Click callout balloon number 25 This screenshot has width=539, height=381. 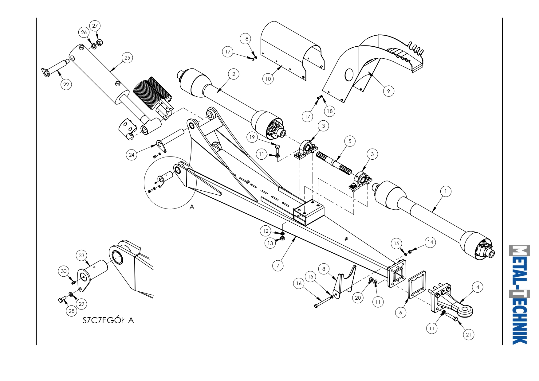tap(127, 58)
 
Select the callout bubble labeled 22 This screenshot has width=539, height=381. tap(66, 84)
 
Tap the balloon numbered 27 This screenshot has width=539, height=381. tap(95, 26)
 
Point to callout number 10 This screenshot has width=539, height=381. tap(268, 79)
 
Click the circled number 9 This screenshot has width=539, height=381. tap(389, 91)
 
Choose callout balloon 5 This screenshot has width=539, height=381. tap(350, 141)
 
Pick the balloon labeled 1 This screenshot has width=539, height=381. tap(446, 191)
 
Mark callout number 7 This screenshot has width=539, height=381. tap(278, 266)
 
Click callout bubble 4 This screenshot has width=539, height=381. tap(478, 287)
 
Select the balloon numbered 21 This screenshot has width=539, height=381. tap(469, 335)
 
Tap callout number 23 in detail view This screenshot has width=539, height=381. tap(81, 255)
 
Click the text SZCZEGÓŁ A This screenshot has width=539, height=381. tap(108, 321)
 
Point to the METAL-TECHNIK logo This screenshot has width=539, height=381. tap(519, 294)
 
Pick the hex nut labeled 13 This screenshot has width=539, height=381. tap(282, 238)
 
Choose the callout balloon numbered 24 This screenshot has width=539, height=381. tap(132, 155)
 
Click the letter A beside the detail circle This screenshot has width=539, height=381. tap(192, 207)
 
